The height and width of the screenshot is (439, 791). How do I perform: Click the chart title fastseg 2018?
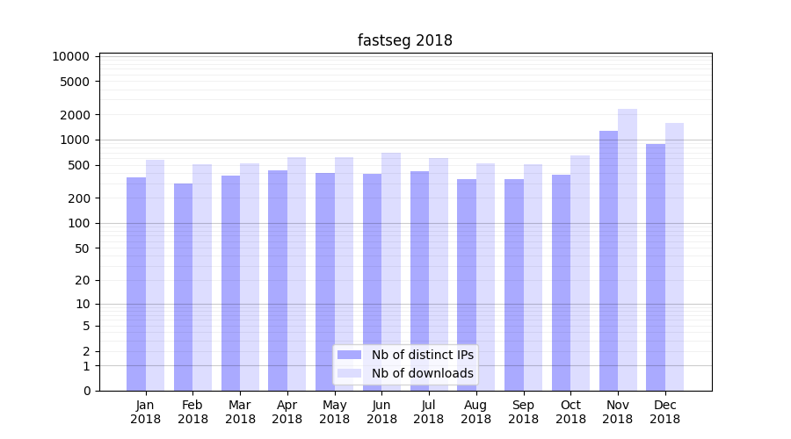[x=405, y=40]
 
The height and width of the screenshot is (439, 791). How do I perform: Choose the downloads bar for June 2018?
[x=391, y=271]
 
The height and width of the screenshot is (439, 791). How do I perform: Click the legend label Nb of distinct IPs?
[x=423, y=355]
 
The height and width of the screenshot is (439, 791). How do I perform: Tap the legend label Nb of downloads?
[x=423, y=373]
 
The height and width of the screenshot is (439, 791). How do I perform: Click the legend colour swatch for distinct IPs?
[x=350, y=355]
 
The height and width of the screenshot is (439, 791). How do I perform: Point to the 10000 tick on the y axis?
[x=71, y=56]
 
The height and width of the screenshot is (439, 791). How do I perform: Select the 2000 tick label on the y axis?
[x=75, y=115]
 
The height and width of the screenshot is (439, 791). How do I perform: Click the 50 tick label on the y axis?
[x=81, y=248]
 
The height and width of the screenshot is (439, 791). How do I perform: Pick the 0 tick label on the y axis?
[x=86, y=391]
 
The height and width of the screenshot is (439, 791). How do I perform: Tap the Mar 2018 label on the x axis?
[x=240, y=412]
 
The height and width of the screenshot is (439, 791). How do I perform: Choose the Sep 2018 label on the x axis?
[x=523, y=412]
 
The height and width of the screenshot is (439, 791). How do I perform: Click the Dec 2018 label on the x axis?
[x=664, y=412]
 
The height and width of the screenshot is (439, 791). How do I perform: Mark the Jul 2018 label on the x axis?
[x=429, y=412]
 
